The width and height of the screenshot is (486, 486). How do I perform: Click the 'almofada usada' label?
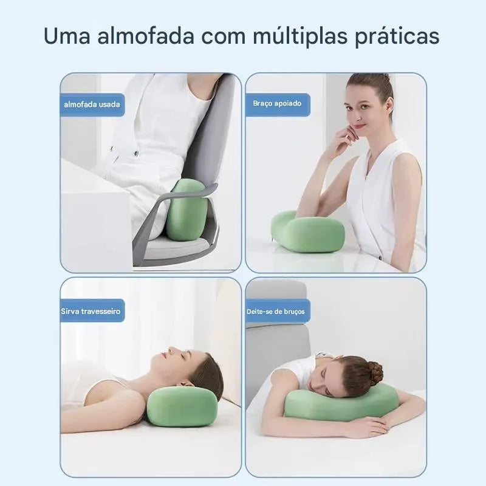[x=92, y=104]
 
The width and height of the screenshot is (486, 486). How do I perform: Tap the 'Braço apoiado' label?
[x=277, y=104]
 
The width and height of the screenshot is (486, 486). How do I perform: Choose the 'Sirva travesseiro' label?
[x=91, y=312]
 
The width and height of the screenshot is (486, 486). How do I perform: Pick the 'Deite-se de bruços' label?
[x=275, y=312]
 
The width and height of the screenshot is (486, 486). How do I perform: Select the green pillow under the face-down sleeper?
[x=340, y=403]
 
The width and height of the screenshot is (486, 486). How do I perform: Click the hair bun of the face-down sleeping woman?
[x=372, y=372]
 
